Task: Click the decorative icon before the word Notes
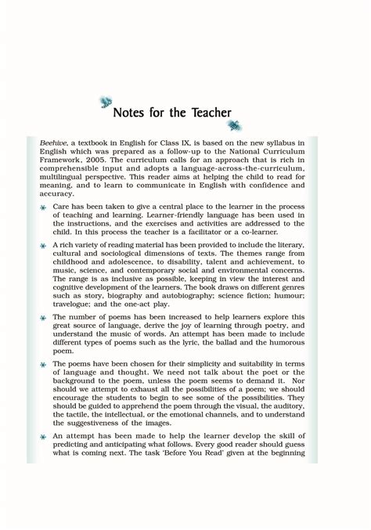(x=106, y=101)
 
